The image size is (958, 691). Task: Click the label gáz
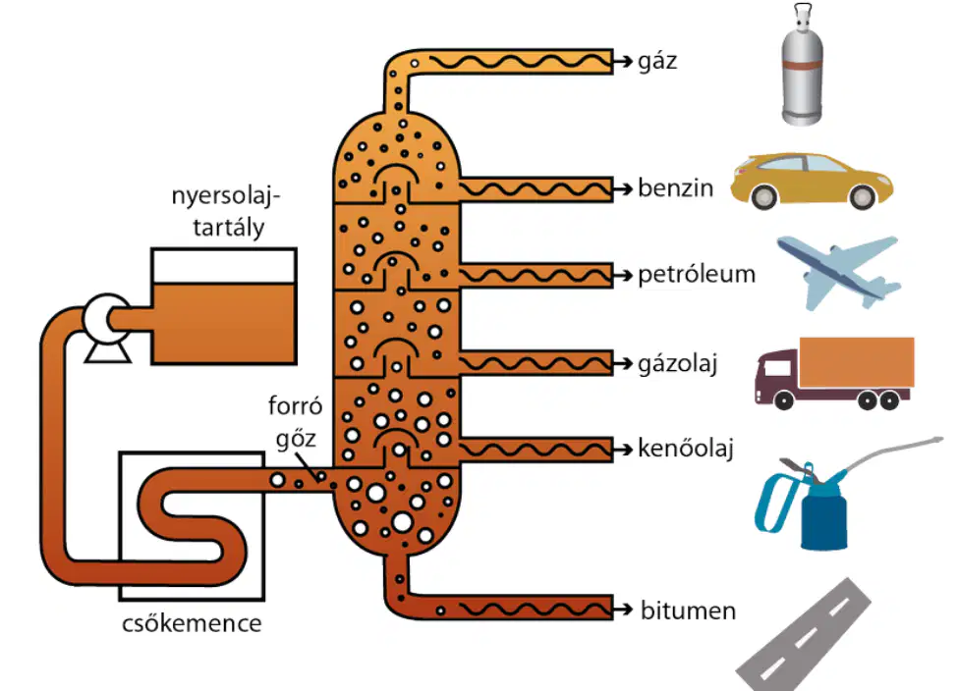[x=657, y=62]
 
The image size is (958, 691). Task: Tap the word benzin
[x=676, y=188]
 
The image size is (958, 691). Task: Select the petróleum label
[x=697, y=275]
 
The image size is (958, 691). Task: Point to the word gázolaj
[x=678, y=364]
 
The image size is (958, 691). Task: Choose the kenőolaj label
[x=686, y=449]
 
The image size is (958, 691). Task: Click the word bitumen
[x=688, y=611]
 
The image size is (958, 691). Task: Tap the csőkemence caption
[x=192, y=624]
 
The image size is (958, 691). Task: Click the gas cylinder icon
[x=802, y=64]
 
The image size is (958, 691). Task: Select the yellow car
[x=812, y=181]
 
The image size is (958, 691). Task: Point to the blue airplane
[x=838, y=273]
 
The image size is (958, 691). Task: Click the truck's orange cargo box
[x=857, y=362]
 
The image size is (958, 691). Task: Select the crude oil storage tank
[x=224, y=306]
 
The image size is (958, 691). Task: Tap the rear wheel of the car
[x=764, y=196]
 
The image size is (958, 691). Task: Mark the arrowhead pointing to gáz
[x=624, y=61]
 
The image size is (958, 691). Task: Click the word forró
[x=295, y=406]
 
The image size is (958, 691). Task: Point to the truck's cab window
[x=776, y=367]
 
